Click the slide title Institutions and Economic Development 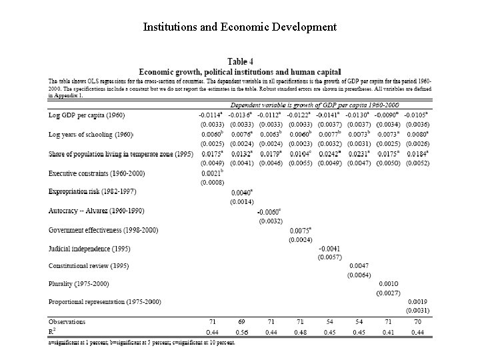(x=240, y=27)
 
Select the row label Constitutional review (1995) (x=88, y=266)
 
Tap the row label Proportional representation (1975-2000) (x=105, y=301)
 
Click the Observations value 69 (x=242, y=321)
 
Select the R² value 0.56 (x=241, y=331)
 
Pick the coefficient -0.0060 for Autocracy (x=270, y=211)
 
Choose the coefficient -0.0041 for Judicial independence (x=329, y=248)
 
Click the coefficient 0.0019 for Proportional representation (x=418, y=301)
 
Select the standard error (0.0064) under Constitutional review (x=359, y=275)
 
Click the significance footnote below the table (x=141, y=343)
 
